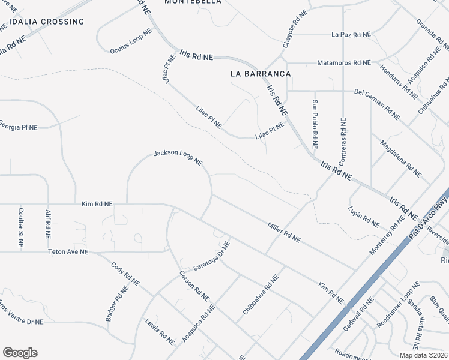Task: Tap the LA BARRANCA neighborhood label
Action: pyautogui.click(x=261, y=74)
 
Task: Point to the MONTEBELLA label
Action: pyautogui.click(x=193, y=2)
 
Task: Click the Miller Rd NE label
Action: pyautogui.click(x=283, y=231)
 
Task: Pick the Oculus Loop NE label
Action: pyautogui.click(x=131, y=41)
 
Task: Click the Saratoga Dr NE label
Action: pyautogui.click(x=212, y=256)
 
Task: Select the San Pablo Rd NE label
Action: pyautogui.click(x=315, y=124)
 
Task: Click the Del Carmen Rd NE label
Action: pyautogui.click(x=376, y=103)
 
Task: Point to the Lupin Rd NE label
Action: pyautogui.click(x=364, y=217)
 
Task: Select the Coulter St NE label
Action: pyautogui.click(x=20, y=227)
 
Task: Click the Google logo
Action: pyautogui.click(x=20, y=353)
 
